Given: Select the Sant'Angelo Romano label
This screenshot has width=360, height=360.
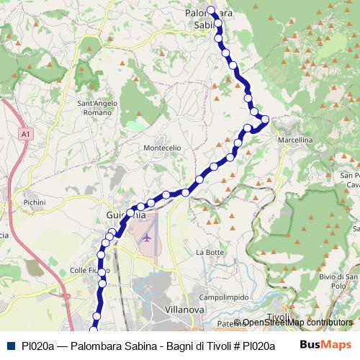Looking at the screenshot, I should [x=97, y=108].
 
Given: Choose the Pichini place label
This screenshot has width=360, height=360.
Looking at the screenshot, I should [x=35, y=203].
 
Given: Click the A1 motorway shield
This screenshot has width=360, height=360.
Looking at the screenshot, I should [x=26, y=134].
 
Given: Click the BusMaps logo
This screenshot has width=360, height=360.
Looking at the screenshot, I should [x=325, y=345].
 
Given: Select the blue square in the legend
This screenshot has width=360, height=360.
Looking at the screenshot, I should [x=10, y=346].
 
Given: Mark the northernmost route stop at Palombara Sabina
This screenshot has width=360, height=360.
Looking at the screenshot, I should [x=211, y=10].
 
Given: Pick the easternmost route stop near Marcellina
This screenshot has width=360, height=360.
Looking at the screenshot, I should [x=265, y=119].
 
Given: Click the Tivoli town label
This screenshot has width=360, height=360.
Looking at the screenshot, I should [x=277, y=318].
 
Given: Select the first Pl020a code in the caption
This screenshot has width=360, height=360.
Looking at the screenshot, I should [x=37, y=346].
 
